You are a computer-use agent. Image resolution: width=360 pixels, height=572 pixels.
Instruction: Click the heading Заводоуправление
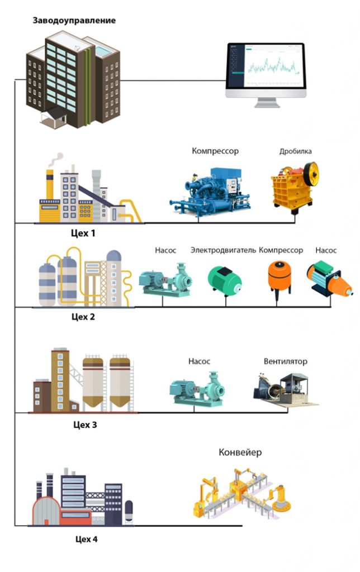tap(74, 21)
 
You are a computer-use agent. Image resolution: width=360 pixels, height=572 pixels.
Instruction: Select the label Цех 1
tap(83, 233)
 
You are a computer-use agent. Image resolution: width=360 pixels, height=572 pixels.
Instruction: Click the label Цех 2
tap(83, 317)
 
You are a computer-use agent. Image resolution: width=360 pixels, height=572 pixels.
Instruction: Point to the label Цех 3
tap(85, 425)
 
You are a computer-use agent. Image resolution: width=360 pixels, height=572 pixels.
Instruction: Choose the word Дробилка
tap(295, 151)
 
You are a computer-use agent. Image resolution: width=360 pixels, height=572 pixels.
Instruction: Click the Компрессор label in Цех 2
tap(281, 250)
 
